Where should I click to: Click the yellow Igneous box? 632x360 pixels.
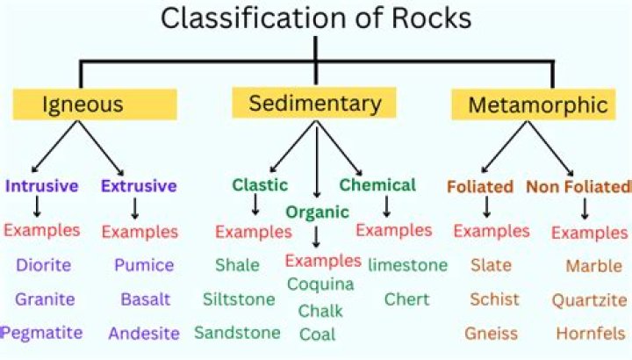[x=83, y=105]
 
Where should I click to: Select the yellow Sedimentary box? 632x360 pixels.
[x=315, y=104]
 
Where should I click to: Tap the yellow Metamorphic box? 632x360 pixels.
[x=537, y=105]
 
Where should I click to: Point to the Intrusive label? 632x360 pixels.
[x=41, y=186]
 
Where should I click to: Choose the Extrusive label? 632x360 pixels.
[x=139, y=186]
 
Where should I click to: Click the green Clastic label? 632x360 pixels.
[x=260, y=184]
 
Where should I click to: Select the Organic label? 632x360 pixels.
[x=317, y=212]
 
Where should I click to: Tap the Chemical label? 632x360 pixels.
[x=377, y=184]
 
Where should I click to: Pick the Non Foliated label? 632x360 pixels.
[x=578, y=186]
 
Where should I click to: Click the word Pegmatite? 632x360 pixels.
[x=40, y=333]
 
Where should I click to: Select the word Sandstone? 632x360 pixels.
[x=237, y=333]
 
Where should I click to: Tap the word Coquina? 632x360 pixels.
[x=320, y=284]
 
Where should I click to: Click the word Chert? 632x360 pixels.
[x=406, y=299]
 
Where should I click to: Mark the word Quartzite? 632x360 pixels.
[x=588, y=300]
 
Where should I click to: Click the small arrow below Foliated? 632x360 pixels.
[x=487, y=208]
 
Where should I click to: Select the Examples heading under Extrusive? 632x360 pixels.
[x=140, y=232]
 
